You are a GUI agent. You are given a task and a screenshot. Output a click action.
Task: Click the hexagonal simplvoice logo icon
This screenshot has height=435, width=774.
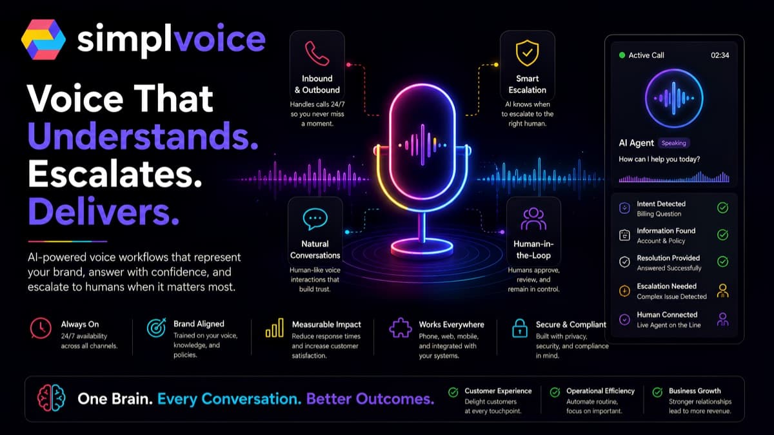[x=44, y=39]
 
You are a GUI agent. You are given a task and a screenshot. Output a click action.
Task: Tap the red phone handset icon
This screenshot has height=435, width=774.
[x=317, y=53]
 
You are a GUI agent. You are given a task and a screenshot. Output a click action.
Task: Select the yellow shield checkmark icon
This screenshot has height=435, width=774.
[x=527, y=53]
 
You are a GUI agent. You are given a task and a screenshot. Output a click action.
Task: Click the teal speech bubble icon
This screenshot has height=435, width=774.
[x=315, y=219]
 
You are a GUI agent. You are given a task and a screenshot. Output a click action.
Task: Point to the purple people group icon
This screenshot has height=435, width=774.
[x=533, y=219]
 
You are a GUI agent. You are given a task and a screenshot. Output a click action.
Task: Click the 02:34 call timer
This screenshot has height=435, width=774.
[x=720, y=55]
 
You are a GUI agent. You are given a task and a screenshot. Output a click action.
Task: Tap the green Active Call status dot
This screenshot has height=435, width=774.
[x=622, y=55]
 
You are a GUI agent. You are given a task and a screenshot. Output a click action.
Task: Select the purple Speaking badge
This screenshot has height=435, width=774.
[x=673, y=143]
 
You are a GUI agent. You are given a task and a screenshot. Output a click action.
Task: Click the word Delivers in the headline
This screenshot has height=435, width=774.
[x=104, y=211]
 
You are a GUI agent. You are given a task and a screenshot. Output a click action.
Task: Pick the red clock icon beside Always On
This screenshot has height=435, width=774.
[x=41, y=328]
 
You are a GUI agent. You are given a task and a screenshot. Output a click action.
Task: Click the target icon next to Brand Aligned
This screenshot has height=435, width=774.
[x=157, y=327]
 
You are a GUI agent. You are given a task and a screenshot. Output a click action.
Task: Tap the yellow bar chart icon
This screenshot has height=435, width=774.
[x=274, y=327]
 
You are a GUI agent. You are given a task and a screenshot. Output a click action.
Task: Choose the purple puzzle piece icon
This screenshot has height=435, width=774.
[x=400, y=327]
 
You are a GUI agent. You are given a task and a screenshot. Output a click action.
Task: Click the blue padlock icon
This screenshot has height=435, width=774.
[x=520, y=328]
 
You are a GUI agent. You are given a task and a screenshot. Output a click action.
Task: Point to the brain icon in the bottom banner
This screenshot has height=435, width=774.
[x=52, y=398]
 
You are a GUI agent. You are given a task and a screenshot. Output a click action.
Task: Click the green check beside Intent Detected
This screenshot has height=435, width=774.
[x=722, y=208]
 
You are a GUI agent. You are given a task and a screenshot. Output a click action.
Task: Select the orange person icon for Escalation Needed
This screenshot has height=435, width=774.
[x=722, y=291]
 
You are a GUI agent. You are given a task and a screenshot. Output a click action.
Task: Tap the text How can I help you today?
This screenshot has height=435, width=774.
[x=659, y=159]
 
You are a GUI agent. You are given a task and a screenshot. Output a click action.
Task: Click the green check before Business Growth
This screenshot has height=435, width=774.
[x=657, y=392]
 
